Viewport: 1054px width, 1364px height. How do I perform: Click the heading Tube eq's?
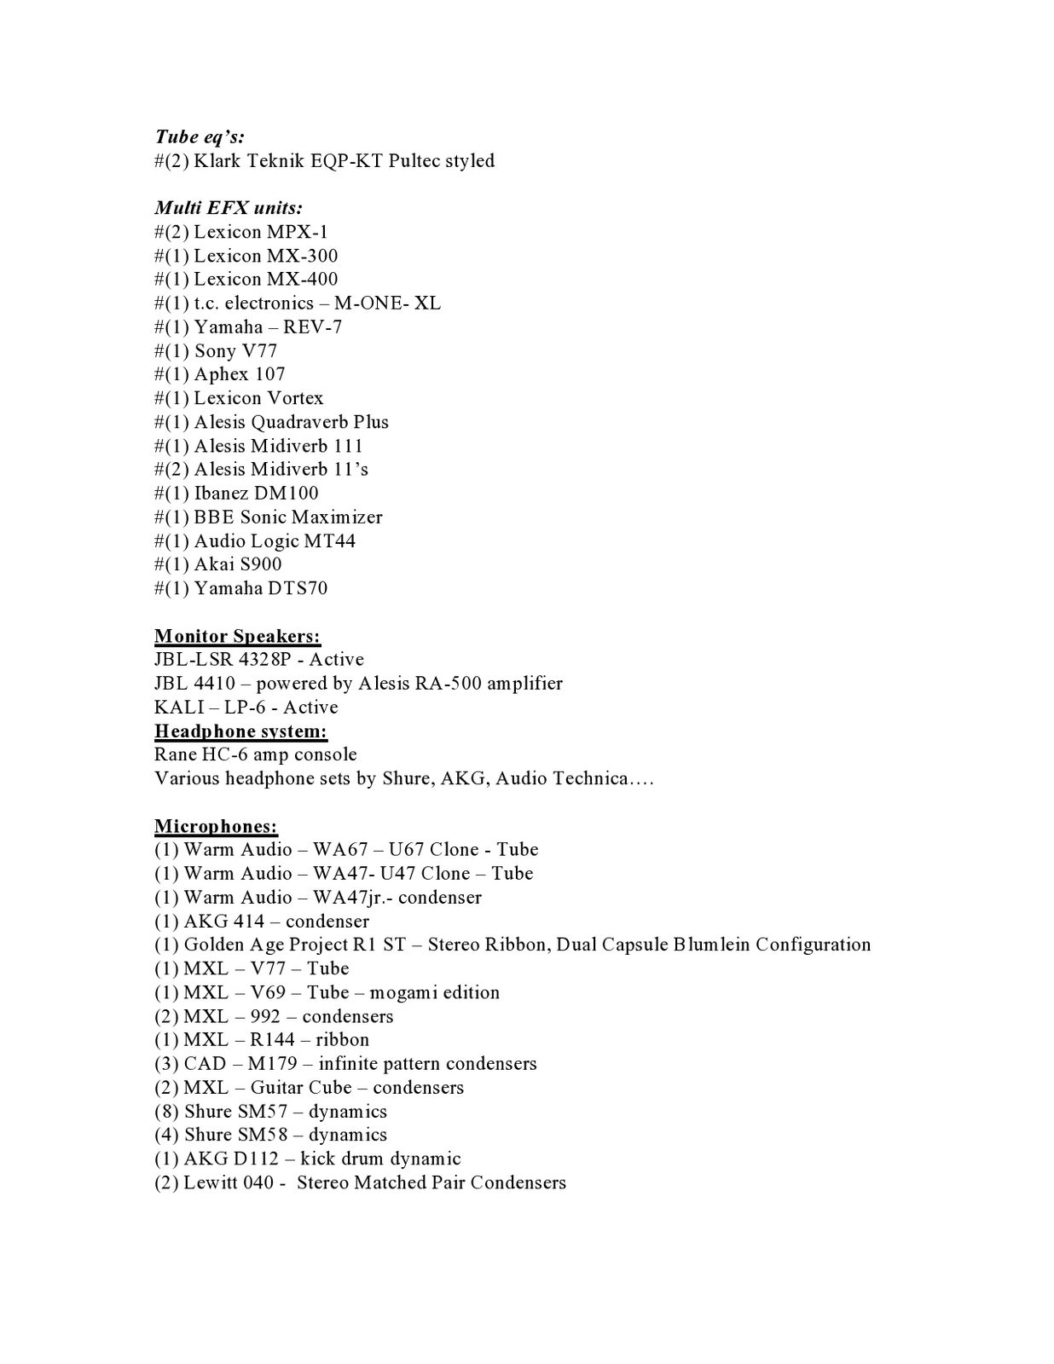click(x=200, y=137)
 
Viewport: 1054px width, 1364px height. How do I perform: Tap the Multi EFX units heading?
click(x=229, y=208)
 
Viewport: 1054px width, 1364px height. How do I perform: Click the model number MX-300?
click(x=302, y=256)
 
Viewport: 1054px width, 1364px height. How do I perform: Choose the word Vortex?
click(x=295, y=398)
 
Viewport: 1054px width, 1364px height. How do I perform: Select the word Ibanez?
click(x=221, y=494)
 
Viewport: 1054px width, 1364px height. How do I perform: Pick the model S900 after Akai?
click(x=260, y=564)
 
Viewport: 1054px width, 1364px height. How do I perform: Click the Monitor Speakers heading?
click(x=237, y=636)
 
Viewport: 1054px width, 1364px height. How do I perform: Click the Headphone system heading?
click(x=240, y=731)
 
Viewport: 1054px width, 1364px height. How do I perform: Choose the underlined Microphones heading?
click(x=216, y=826)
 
